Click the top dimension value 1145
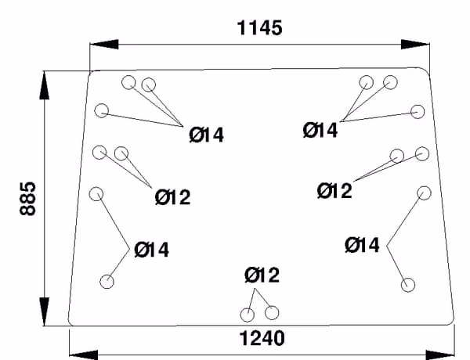[259, 28]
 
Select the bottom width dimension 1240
[262, 338]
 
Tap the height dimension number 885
[27, 199]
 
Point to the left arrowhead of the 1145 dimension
[104, 45]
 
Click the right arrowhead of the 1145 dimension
[415, 45]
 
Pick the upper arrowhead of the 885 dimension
[45, 85]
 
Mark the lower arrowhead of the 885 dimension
[45, 311]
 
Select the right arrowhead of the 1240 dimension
[440, 355]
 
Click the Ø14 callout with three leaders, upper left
[207, 135]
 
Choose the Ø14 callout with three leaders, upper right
[320, 130]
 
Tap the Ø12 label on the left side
[172, 197]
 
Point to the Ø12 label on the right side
[334, 191]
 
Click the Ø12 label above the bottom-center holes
[262, 275]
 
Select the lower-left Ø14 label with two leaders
[152, 250]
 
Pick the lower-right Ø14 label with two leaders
[362, 245]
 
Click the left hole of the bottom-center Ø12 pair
[248, 315]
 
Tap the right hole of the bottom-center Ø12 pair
[272, 313]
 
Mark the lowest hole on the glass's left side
[107, 282]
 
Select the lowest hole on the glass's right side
[408, 285]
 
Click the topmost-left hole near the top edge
[128, 82]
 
